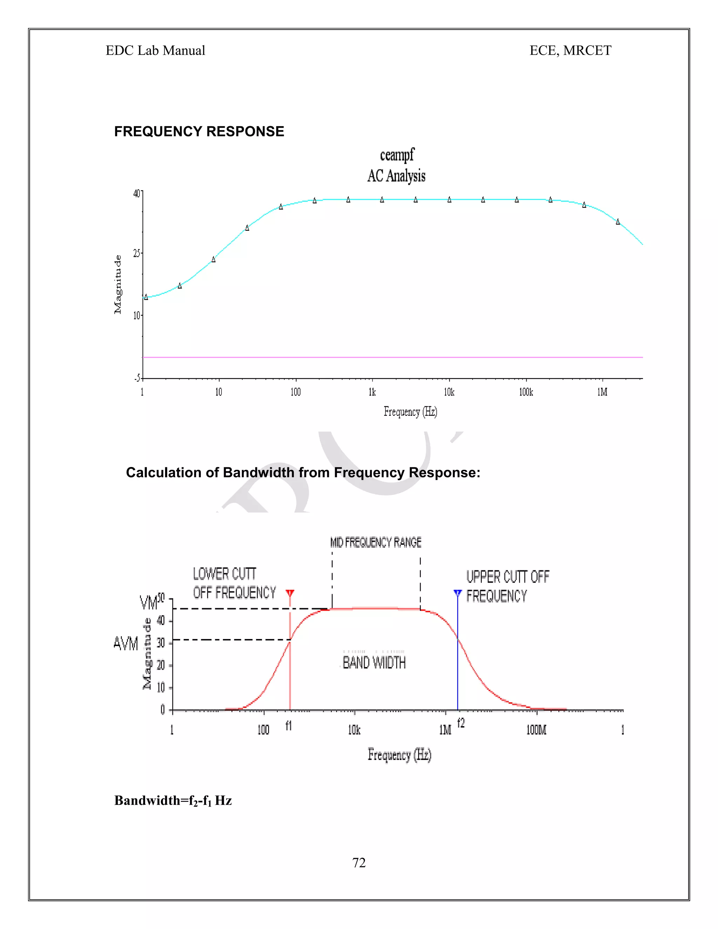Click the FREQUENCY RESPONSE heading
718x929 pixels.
[199, 131]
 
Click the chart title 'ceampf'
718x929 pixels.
[397, 155]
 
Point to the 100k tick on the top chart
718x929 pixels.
[526, 392]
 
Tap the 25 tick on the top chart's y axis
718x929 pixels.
[136, 253]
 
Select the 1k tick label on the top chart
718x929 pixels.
[372, 392]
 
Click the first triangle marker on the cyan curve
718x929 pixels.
[146, 297]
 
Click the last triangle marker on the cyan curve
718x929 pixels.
[618, 222]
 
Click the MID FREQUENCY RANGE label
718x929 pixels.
[375, 542]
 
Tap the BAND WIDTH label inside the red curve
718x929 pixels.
[374, 662]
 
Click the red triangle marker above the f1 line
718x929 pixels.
[290, 592]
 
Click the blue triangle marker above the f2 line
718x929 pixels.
[458, 592]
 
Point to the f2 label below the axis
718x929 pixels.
[461, 723]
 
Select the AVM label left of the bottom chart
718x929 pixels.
[126, 644]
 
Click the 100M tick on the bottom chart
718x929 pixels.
[536, 730]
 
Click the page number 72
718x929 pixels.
[359, 863]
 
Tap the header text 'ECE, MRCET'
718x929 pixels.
[570, 50]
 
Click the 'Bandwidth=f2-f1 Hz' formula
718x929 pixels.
[173, 801]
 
